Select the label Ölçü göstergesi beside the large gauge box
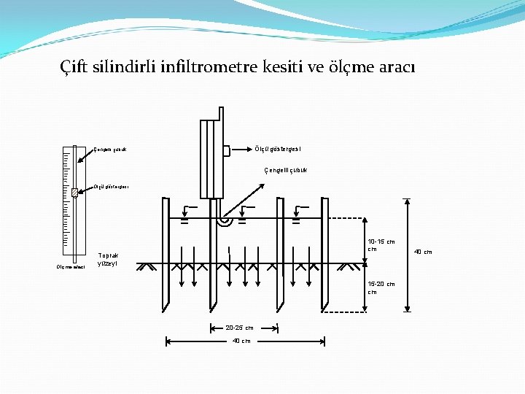pos(278,150)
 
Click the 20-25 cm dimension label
pos(240,328)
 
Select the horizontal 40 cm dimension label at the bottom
pos(241,341)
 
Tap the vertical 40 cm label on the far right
pos(423,252)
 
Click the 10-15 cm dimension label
pos(381,245)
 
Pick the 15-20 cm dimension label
pos(381,287)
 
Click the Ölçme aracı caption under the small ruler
pos(71,267)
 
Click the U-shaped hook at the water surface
pos(225,220)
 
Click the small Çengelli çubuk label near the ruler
pos(110,150)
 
